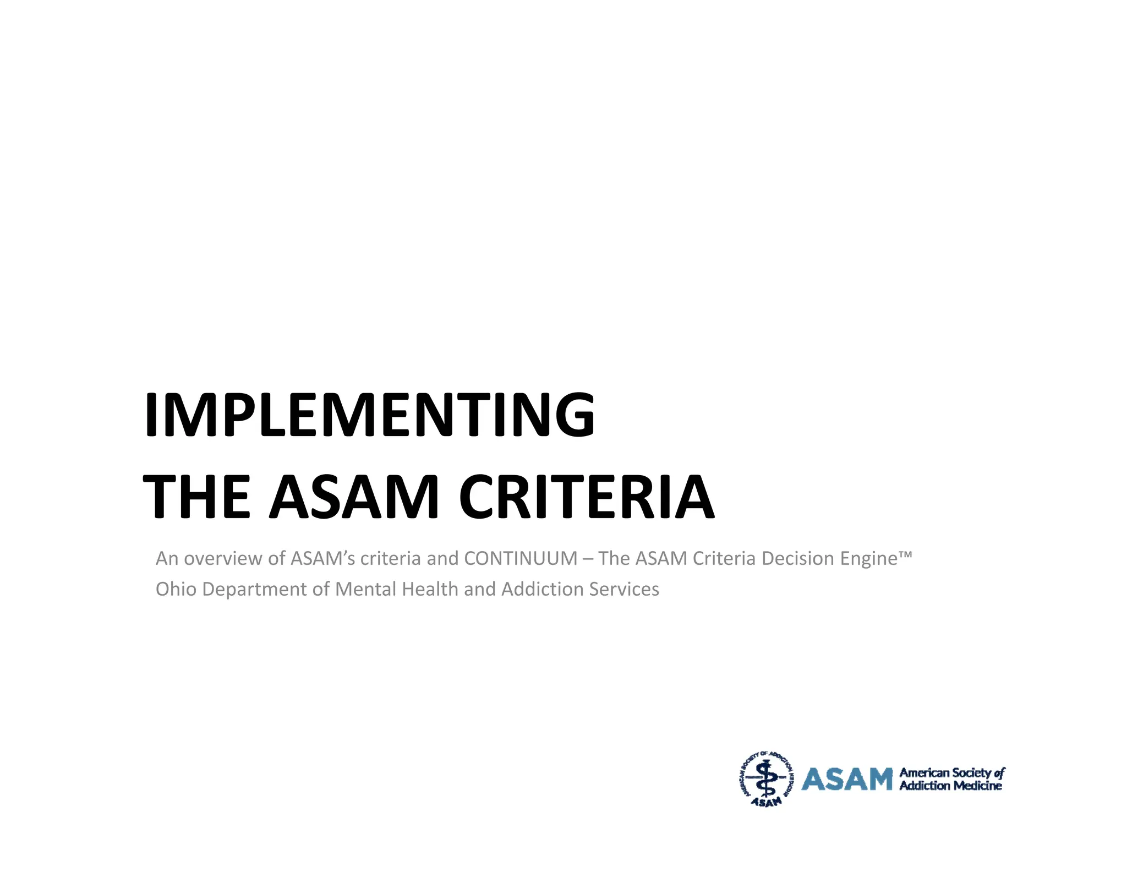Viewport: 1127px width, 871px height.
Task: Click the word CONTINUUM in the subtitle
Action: (x=521, y=558)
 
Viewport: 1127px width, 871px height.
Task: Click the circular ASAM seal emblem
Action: (x=766, y=779)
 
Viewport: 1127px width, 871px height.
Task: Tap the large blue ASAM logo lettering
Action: (x=846, y=779)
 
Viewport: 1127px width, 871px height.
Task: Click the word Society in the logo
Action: (x=972, y=773)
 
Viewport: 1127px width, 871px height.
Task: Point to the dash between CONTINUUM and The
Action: (x=588, y=559)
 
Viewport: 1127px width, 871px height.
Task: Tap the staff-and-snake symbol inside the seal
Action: (x=765, y=777)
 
